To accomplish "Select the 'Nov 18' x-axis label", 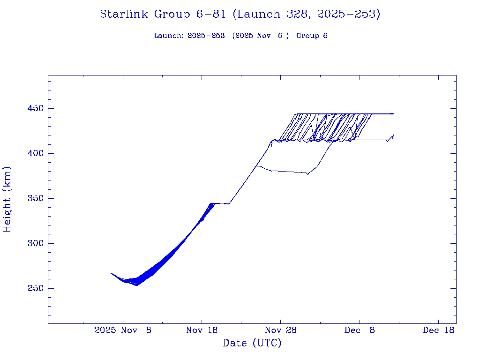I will point(202,330).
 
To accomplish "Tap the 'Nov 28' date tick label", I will point(280,330).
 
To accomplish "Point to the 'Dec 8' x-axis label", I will point(360,330).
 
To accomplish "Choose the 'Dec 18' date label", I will point(438,330).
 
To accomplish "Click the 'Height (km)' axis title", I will point(7,199).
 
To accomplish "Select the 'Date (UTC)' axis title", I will point(252,343).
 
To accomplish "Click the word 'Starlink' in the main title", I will point(125,14).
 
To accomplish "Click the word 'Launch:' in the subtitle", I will point(169,36).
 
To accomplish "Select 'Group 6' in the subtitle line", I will point(312,36).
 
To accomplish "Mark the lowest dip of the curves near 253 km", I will point(137,285).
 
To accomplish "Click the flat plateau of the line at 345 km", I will point(219,203).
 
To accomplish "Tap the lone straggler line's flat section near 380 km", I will point(288,172).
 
